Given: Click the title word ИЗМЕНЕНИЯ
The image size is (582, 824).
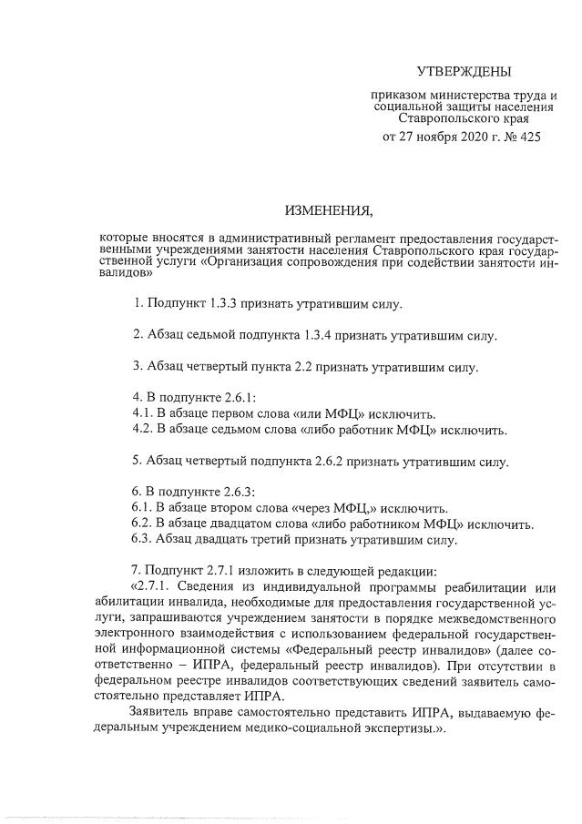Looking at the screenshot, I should coord(329,213).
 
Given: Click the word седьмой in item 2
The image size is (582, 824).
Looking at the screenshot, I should coord(207,335).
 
